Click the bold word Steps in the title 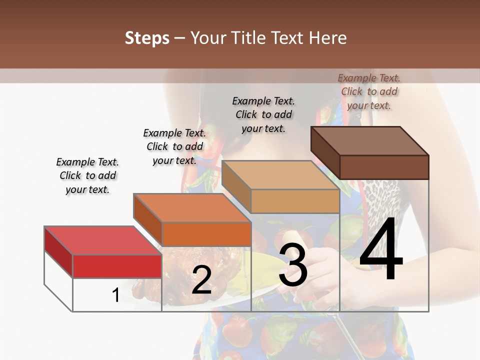coord(147,38)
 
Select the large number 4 coord(381,249)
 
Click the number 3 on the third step coord(293,266)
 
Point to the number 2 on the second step coord(201,280)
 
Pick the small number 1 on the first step coord(115,295)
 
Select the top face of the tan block coord(280,175)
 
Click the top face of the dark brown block coord(370,141)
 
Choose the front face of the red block coord(117,266)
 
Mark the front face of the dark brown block coord(384,167)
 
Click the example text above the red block coord(87,176)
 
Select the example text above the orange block coord(174,146)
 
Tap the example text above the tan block coord(263,114)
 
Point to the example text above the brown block coord(369,91)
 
